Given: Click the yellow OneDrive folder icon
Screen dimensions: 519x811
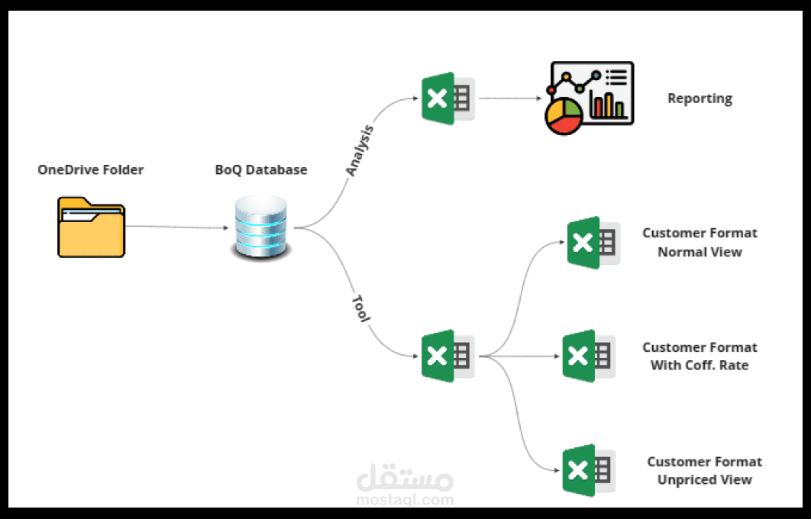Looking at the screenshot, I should click(x=92, y=227).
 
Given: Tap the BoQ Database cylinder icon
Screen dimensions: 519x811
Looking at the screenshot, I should click(x=262, y=227).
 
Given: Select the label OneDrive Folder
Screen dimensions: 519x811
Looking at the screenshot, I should click(x=90, y=169).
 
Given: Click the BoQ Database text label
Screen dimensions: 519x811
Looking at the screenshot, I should click(x=261, y=169).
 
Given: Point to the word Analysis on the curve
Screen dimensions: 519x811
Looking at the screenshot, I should click(x=360, y=150).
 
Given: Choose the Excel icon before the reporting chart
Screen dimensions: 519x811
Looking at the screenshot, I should click(x=448, y=98).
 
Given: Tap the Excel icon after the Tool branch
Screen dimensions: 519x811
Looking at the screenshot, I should click(x=448, y=356).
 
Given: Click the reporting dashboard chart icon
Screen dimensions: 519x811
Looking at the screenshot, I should click(x=589, y=98).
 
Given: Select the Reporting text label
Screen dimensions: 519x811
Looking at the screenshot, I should click(x=700, y=98).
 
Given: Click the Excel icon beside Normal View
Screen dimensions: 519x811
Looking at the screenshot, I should click(x=593, y=242).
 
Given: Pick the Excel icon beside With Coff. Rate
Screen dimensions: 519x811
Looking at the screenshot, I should click(x=589, y=356).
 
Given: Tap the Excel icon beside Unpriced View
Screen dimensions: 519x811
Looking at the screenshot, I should click(x=589, y=470).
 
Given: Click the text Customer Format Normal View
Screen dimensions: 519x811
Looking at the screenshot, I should click(x=700, y=242).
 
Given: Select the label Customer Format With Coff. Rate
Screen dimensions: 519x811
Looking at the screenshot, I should click(x=700, y=356).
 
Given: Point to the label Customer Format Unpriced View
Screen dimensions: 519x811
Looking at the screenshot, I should click(x=704, y=471).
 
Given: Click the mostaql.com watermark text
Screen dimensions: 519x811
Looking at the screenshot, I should click(x=405, y=500).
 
